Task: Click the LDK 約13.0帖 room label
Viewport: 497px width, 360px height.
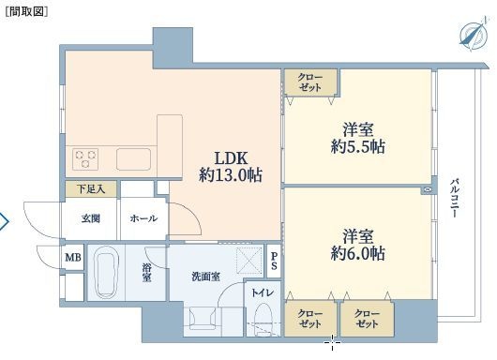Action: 231,167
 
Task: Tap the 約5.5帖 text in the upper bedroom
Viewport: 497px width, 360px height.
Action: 358,147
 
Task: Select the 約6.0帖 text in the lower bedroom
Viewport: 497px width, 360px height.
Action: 358,253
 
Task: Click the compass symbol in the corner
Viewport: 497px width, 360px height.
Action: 473,35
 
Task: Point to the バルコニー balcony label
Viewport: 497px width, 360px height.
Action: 456,199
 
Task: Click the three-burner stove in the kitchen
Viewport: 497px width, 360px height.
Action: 85,159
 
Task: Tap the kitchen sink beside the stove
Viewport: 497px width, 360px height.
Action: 133,159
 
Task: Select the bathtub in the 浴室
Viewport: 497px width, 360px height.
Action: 107,273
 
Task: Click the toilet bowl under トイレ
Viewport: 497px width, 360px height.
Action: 264,317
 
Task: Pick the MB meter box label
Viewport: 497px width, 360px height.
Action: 73,257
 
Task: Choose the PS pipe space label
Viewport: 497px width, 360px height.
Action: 274,261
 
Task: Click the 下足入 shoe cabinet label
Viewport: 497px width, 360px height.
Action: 91,189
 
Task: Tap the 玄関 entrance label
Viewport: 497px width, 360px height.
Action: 91,218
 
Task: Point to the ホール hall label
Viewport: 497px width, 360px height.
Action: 143,218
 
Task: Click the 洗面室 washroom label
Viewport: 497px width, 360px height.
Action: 205,277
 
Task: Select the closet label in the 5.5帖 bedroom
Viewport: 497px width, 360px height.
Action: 310,82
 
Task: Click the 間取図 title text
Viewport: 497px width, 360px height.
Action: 26,12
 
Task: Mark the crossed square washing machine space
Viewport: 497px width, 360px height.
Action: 248,261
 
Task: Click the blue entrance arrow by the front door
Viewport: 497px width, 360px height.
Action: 5,221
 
